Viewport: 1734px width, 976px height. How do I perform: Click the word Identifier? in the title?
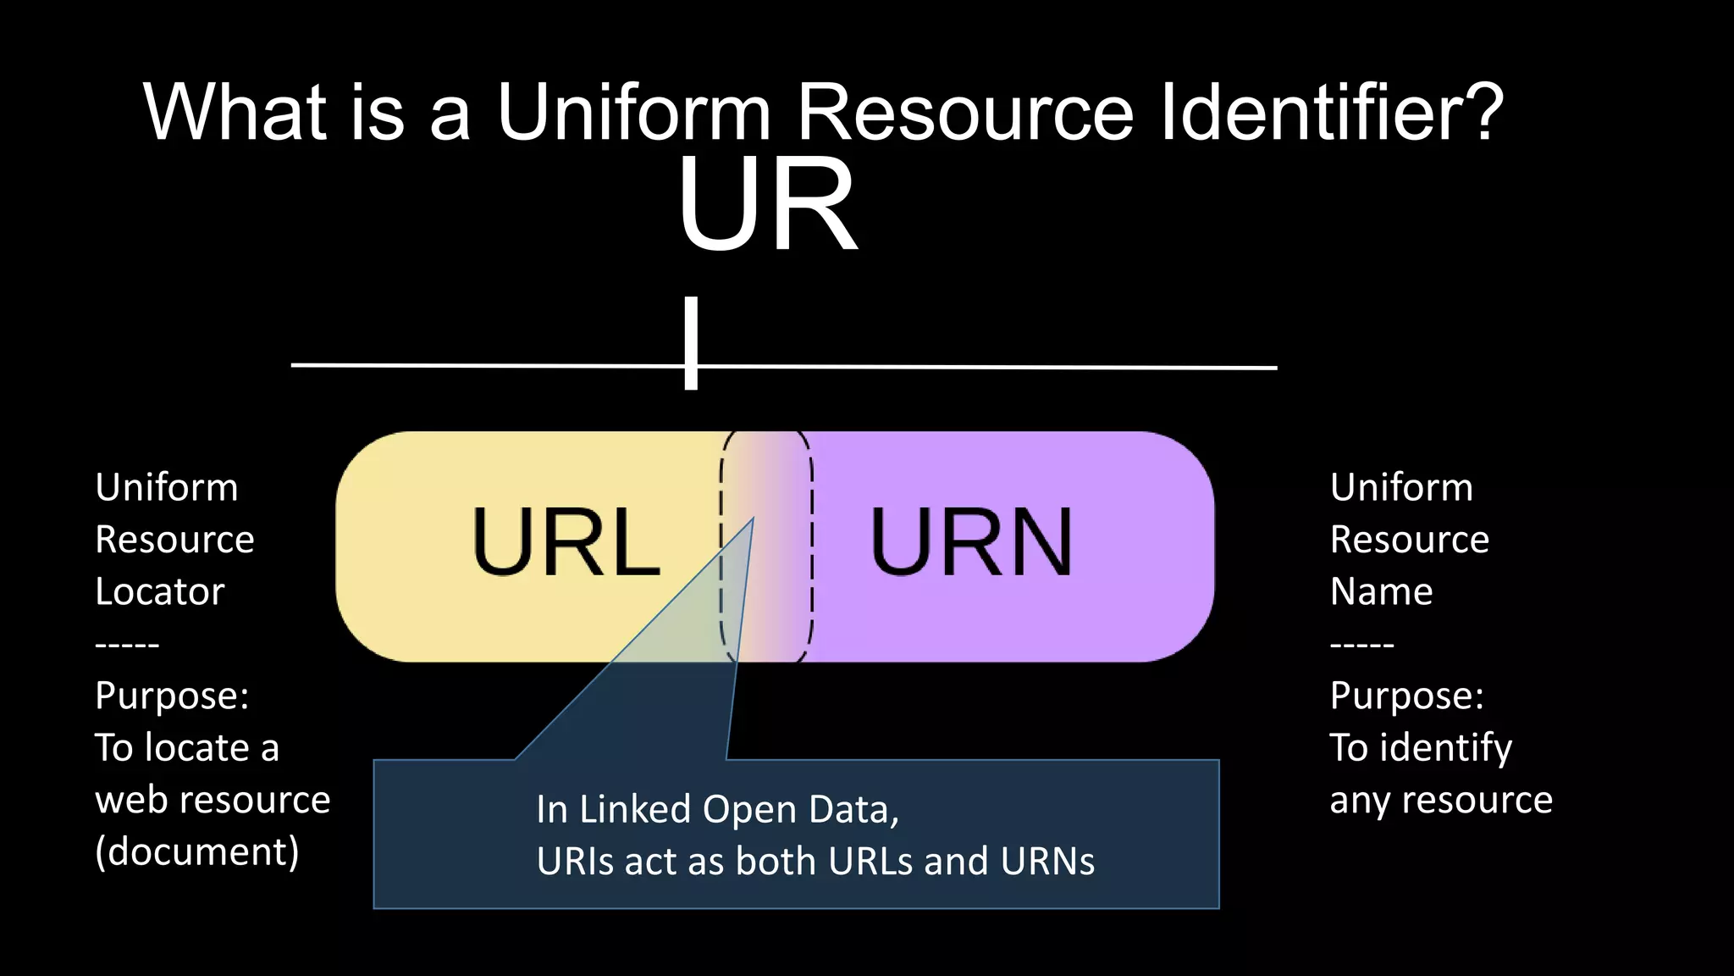[x=1331, y=112]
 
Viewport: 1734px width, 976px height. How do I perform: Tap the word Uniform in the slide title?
[x=633, y=112]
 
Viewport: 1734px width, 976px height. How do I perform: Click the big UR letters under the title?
[x=766, y=206]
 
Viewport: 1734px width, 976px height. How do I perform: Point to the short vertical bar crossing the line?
[x=691, y=342]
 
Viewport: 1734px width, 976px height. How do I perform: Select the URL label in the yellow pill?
[x=566, y=542]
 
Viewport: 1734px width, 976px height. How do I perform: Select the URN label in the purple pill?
[x=971, y=542]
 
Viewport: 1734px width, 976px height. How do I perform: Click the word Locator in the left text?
[x=160, y=591]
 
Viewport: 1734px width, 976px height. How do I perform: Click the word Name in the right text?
[x=1381, y=591]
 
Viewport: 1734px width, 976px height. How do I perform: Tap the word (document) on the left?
[x=197, y=851]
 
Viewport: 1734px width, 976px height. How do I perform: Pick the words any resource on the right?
[x=1441, y=800]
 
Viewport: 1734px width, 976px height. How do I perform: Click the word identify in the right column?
[x=1446, y=748]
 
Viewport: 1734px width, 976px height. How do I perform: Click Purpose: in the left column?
[x=172, y=696]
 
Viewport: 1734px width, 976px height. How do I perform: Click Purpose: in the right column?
[x=1406, y=696]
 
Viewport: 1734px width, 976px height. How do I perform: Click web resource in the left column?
[x=213, y=800]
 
